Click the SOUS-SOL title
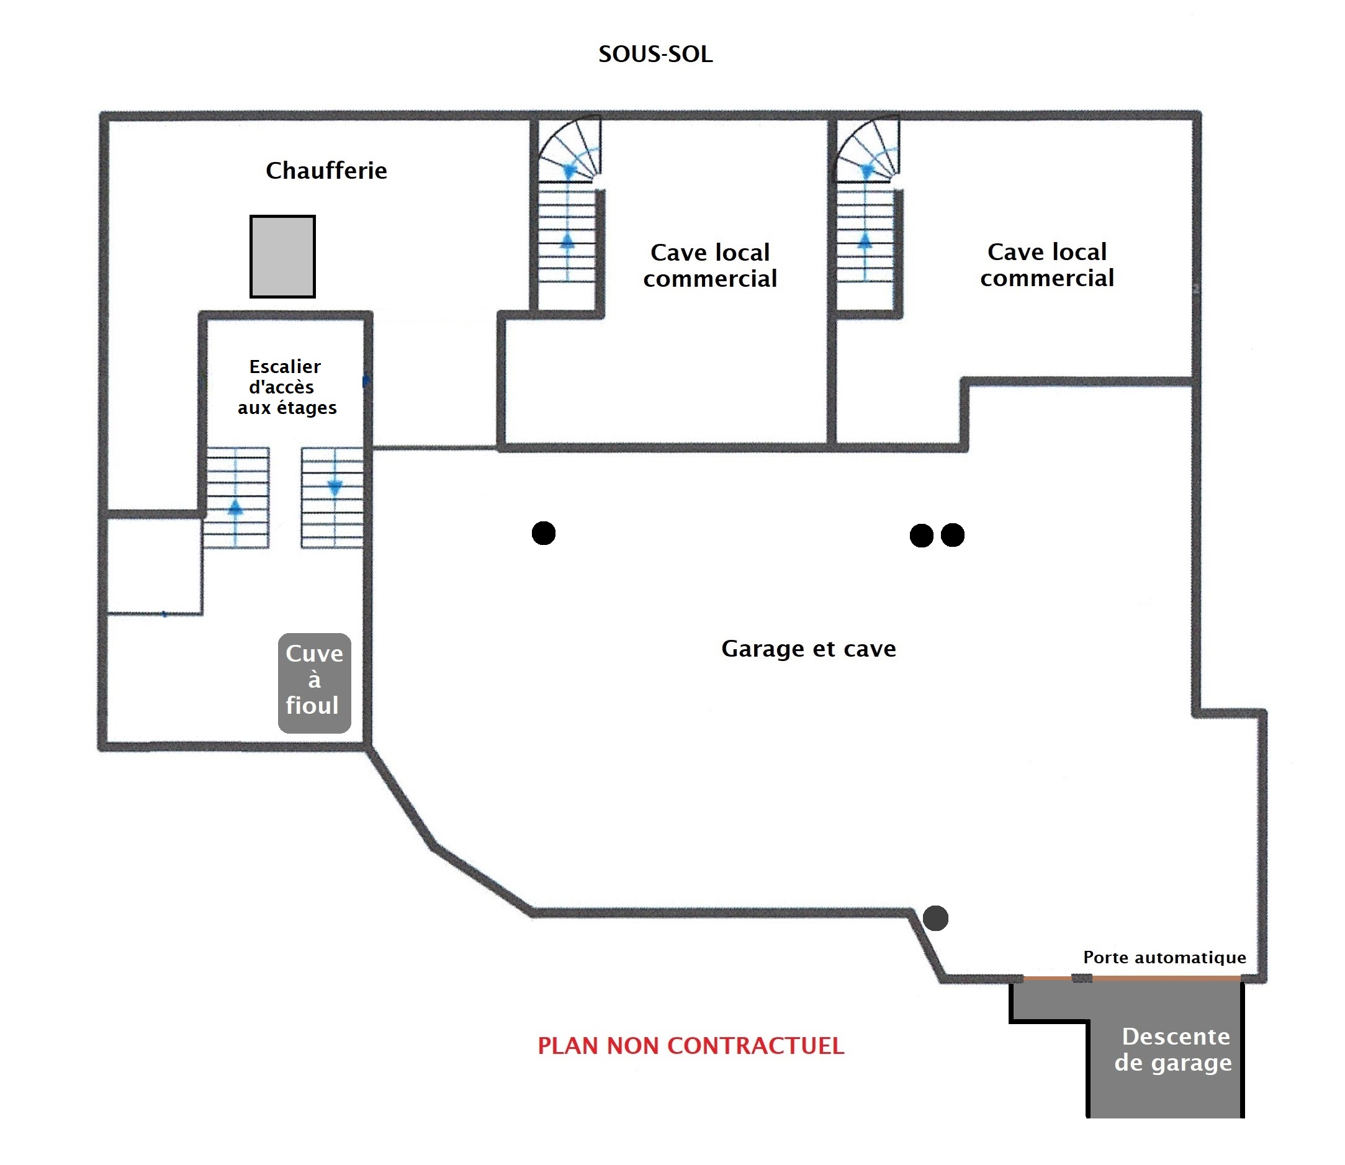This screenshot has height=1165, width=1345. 655,54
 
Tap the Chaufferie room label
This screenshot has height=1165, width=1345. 326,170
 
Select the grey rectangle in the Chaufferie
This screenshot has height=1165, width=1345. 283,256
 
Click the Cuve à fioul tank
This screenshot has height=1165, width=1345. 315,683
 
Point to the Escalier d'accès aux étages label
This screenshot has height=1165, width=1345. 286,387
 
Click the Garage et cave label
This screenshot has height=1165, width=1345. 809,648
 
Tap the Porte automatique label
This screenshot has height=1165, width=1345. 1164,957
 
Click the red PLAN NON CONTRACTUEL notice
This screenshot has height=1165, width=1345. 691,1045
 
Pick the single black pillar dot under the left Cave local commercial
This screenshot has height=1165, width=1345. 544,533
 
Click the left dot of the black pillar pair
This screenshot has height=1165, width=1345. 921,536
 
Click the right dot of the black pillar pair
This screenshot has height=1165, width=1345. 953,535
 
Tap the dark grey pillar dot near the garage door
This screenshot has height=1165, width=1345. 935,918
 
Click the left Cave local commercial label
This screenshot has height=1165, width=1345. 710,265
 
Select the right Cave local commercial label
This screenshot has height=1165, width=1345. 1047,264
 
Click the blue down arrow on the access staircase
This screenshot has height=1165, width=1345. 335,488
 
